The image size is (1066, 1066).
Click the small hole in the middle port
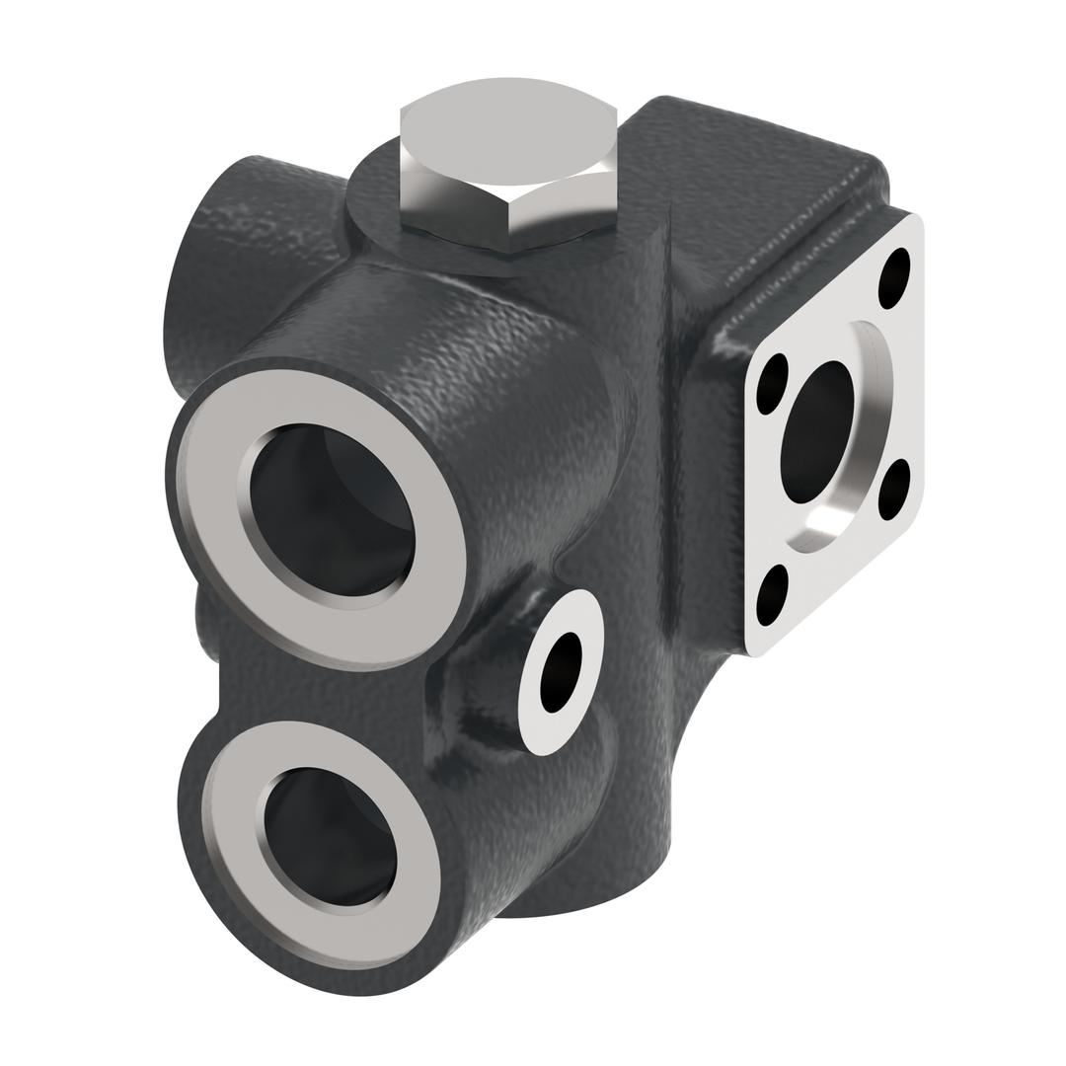click(x=561, y=671)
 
